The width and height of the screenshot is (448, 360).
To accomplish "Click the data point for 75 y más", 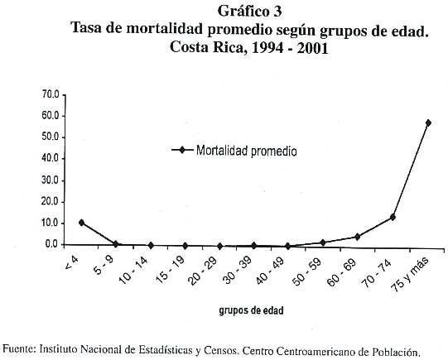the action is point(428,122).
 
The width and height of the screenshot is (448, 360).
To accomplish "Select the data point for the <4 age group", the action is point(81,223).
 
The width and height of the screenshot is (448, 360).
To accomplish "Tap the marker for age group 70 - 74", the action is point(393,218).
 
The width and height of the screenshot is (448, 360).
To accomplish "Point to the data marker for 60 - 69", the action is point(357,237).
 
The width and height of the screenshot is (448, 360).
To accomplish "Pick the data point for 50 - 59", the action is point(323,242).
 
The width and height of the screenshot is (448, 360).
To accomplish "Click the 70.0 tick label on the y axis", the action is point(51,95).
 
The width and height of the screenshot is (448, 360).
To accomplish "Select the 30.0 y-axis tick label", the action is point(51,180).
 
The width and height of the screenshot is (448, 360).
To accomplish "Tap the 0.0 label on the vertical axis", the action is point(52,245).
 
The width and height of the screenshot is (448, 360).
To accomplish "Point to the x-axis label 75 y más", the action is point(410,274).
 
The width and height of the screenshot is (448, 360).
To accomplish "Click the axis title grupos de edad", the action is point(251,310).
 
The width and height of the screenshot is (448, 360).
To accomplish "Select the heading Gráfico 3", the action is point(249,12).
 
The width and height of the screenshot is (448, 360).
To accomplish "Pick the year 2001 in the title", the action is point(312,47).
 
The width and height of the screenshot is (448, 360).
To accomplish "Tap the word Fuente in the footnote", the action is point(19,349).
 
